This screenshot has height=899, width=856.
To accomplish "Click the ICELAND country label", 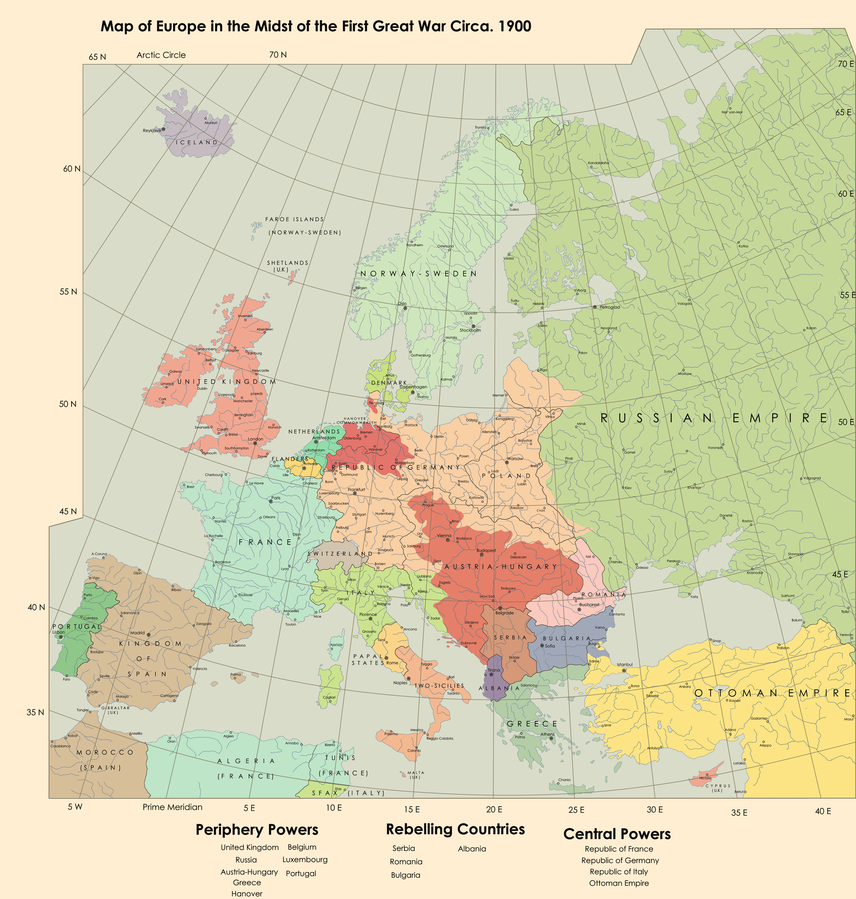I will click(197, 142).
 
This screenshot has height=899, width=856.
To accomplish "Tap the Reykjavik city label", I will click(152, 131).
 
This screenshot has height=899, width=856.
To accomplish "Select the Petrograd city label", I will click(610, 307).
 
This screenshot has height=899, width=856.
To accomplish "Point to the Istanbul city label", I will click(625, 665).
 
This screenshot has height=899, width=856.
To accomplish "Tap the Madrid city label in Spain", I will click(137, 633).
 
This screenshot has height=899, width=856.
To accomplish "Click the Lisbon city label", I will click(58, 633).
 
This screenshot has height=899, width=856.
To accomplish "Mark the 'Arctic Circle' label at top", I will click(161, 55).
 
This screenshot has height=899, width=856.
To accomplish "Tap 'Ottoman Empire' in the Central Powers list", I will click(619, 883).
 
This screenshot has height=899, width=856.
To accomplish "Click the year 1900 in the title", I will click(515, 26).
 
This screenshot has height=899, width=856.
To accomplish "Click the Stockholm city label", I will click(470, 330).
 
